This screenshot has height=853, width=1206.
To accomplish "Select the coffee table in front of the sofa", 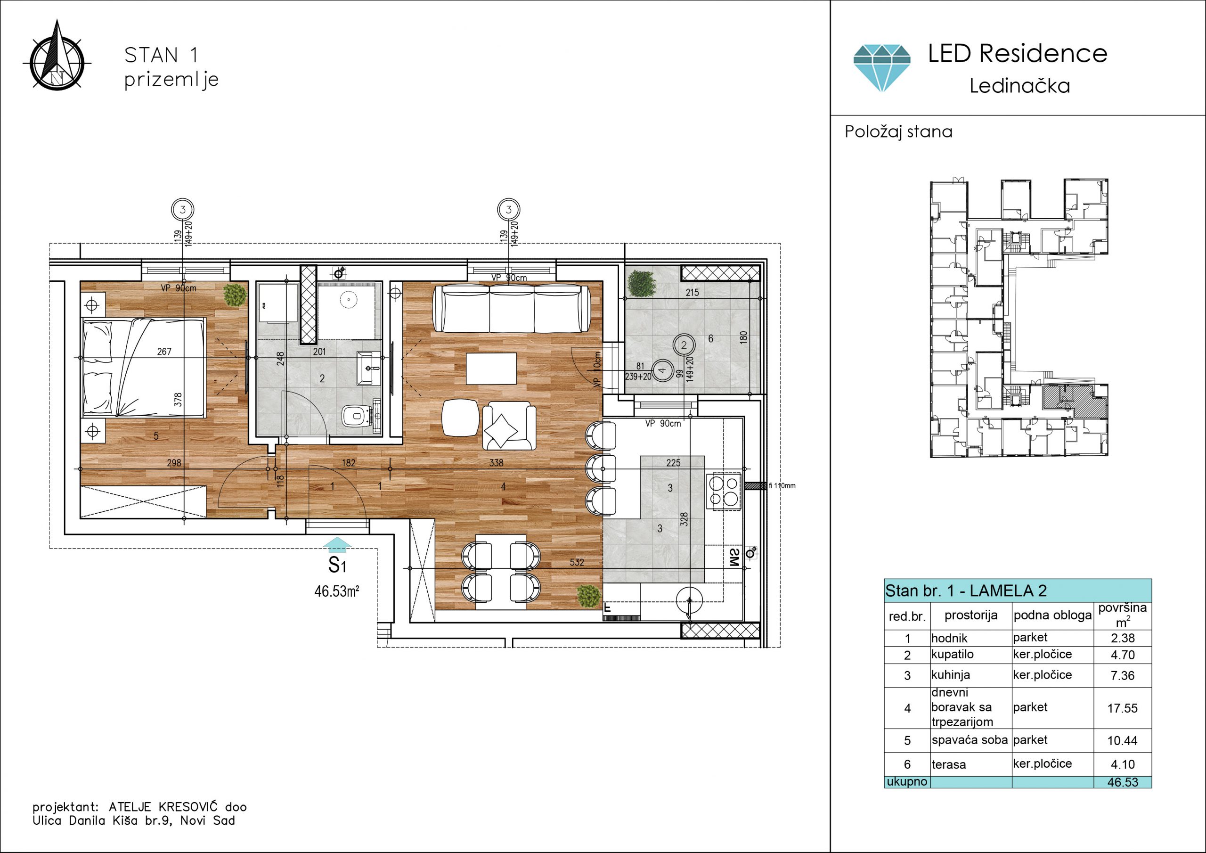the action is (491, 369).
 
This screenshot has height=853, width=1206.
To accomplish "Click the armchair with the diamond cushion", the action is (508, 426).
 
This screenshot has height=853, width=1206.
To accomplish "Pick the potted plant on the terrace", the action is (641, 284).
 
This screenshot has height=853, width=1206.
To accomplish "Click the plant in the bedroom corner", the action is (234, 295).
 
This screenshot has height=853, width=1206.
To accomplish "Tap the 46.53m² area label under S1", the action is (337, 591).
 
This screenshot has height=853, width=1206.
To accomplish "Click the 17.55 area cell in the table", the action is (1123, 708).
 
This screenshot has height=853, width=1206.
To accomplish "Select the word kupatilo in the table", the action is (952, 654).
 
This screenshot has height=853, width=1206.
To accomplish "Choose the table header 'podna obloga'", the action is (1052, 615).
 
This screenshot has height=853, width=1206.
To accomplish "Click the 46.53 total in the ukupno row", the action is (1123, 782).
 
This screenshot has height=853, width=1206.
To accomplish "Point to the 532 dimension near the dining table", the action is (577, 562).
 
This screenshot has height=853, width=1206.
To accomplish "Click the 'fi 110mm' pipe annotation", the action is (782, 485).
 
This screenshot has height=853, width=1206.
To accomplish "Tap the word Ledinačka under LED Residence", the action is (1019, 86).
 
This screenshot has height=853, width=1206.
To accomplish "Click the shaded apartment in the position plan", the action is (1074, 402).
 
